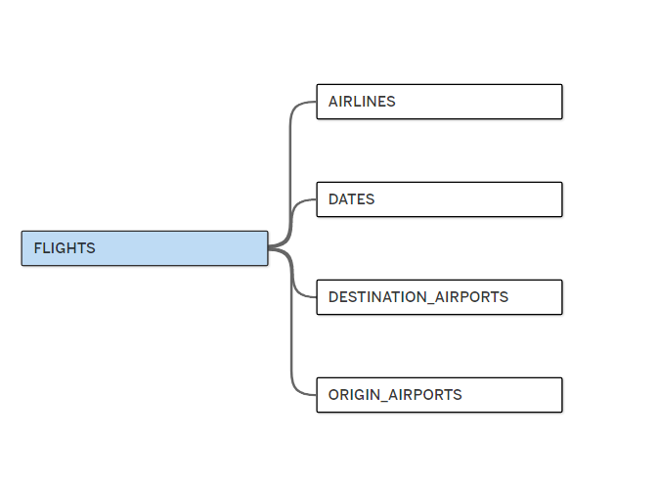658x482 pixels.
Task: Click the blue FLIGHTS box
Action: [145, 248]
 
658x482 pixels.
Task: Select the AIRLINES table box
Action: [439, 102]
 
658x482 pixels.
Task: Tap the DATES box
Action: [439, 199]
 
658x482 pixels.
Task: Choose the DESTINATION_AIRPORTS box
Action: [439, 297]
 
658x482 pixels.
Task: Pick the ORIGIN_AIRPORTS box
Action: [439, 395]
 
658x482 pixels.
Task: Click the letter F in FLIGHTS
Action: [37, 248]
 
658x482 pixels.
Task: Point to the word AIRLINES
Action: [362, 102]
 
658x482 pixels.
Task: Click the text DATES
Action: [351, 199]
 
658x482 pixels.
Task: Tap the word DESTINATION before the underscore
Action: [377, 297]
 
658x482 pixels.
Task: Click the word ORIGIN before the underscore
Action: [354, 395]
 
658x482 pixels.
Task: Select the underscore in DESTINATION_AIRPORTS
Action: [430, 302]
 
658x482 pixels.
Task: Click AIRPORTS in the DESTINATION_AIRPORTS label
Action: [471, 297]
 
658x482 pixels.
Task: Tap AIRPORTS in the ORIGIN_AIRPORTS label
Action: [425, 395]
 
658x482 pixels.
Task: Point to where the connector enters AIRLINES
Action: [316, 102]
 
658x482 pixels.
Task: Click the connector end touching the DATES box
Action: [316, 199]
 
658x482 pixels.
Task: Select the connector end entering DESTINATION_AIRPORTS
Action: [316, 297]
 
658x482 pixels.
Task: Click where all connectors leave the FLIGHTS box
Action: [270, 247]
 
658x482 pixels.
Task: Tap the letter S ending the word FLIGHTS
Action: [91, 248]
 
